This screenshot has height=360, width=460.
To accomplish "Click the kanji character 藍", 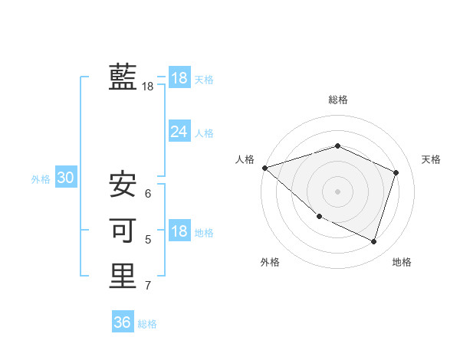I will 123,77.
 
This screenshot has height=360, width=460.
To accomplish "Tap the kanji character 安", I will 123,185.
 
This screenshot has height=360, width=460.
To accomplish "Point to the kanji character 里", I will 123,276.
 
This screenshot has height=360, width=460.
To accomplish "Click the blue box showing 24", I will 179,132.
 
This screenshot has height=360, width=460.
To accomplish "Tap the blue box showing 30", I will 65,178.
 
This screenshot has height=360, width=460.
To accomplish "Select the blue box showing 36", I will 122,322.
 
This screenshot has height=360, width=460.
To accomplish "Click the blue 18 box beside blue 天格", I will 179,78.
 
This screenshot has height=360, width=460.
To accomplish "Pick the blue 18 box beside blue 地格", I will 179,231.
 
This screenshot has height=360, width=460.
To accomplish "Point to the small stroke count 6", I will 148,194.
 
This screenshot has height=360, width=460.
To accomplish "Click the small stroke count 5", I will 148,240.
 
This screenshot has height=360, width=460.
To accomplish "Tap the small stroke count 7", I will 148,286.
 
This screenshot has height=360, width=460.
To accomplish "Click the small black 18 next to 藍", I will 148,87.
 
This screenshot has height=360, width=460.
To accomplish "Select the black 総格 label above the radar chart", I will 338,100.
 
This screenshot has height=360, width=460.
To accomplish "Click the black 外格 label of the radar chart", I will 270,262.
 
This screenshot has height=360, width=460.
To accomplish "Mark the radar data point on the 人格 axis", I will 264,168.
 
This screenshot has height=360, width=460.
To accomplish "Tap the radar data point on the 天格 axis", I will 396,172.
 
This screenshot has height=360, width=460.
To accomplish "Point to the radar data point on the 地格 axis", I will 374,241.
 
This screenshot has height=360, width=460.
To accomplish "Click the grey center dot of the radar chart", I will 338,191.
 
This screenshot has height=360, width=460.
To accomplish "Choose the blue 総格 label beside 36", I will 147,324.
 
